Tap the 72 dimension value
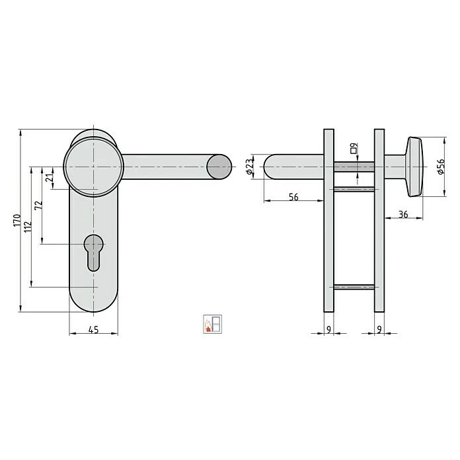40,206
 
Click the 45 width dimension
93,332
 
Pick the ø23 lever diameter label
250,167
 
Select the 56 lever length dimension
294,197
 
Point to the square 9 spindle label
354,147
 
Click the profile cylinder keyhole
94,251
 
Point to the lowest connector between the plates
354,287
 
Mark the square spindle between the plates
354,167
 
